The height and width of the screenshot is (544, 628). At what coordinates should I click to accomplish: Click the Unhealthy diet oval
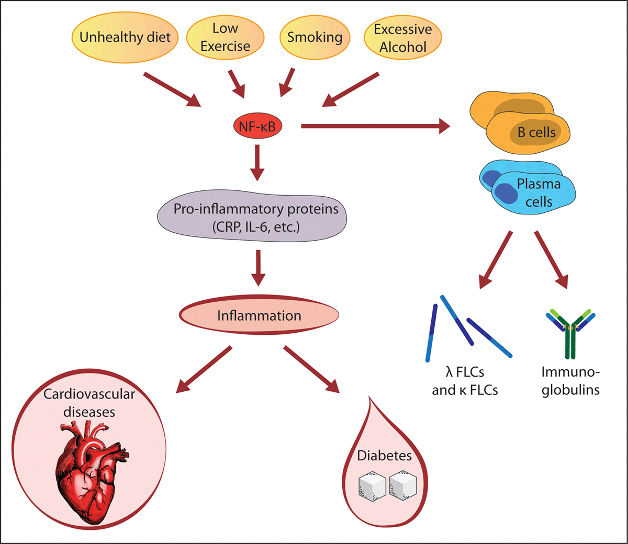tap(125, 37)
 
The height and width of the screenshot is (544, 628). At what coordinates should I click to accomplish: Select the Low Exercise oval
tap(225, 37)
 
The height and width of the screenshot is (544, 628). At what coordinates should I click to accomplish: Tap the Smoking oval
tap(315, 37)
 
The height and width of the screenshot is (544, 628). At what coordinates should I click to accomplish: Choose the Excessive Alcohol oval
tap(402, 38)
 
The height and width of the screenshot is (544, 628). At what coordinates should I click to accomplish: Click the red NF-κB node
tap(257, 126)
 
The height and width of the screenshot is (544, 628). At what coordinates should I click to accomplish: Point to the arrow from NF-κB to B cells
tap(375, 126)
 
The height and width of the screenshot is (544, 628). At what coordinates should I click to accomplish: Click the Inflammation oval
tap(259, 315)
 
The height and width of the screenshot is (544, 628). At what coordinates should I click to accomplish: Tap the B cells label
tap(536, 132)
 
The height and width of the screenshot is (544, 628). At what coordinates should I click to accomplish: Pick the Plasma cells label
tap(539, 192)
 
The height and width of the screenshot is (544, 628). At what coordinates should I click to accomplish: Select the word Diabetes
tap(384, 456)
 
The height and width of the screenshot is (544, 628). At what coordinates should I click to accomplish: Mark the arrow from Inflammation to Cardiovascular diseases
tap(204, 369)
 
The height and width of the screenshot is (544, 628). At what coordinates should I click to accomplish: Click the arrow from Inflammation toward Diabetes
tap(311, 369)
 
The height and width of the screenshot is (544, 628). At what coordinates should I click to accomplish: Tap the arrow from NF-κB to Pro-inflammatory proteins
tap(257, 163)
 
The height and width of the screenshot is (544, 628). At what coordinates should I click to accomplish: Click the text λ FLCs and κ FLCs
tap(465, 381)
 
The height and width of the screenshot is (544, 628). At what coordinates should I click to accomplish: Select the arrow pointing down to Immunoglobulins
tap(551, 259)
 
